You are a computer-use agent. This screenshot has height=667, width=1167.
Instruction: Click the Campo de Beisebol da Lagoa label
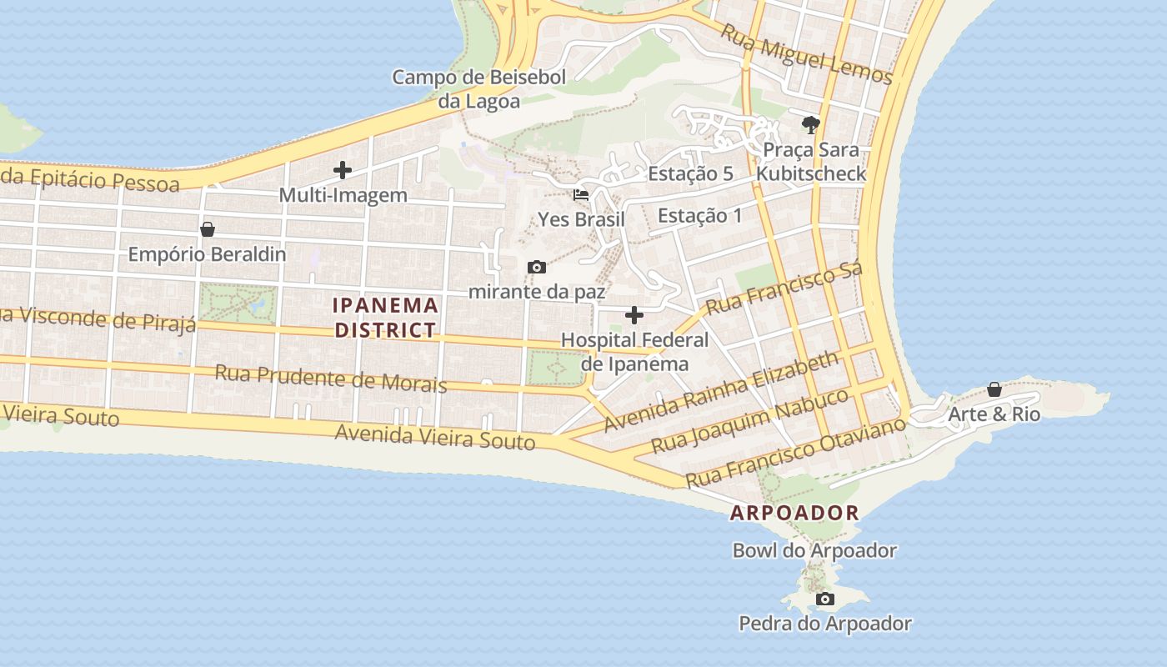[x=478, y=89]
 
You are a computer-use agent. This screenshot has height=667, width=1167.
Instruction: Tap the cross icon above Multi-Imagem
[x=343, y=170]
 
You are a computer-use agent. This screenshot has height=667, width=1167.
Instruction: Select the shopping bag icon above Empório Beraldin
[x=207, y=228]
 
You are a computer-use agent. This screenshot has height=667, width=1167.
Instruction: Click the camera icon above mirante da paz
[x=537, y=267]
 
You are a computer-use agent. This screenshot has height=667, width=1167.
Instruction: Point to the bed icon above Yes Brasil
[x=581, y=194]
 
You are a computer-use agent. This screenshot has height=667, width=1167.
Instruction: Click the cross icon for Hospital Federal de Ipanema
[x=634, y=315]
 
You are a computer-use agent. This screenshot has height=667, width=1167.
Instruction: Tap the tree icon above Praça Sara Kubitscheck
[x=810, y=125]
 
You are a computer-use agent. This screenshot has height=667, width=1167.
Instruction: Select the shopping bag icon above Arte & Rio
[x=994, y=389]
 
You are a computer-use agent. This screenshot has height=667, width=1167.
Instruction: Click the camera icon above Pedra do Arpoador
[x=824, y=599]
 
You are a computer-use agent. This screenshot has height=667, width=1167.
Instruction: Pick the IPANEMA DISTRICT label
[x=385, y=317]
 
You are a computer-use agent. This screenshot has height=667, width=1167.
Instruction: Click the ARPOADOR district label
[x=794, y=513]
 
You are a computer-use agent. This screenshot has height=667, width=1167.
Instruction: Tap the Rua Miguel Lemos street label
[x=806, y=54]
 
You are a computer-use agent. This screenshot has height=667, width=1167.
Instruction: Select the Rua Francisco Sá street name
[x=784, y=289]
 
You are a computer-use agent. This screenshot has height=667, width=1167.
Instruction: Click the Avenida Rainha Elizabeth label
[x=721, y=391]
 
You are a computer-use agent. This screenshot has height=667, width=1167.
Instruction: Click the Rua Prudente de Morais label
[x=331, y=378]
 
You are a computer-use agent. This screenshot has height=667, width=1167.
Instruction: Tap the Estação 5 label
[x=690, y=174]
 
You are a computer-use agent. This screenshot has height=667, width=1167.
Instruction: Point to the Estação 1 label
[x=699, y=215]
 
